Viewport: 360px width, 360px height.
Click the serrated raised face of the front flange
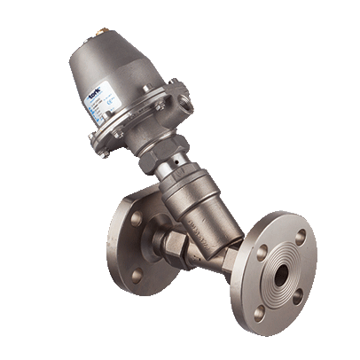click(x=280, y=275)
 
